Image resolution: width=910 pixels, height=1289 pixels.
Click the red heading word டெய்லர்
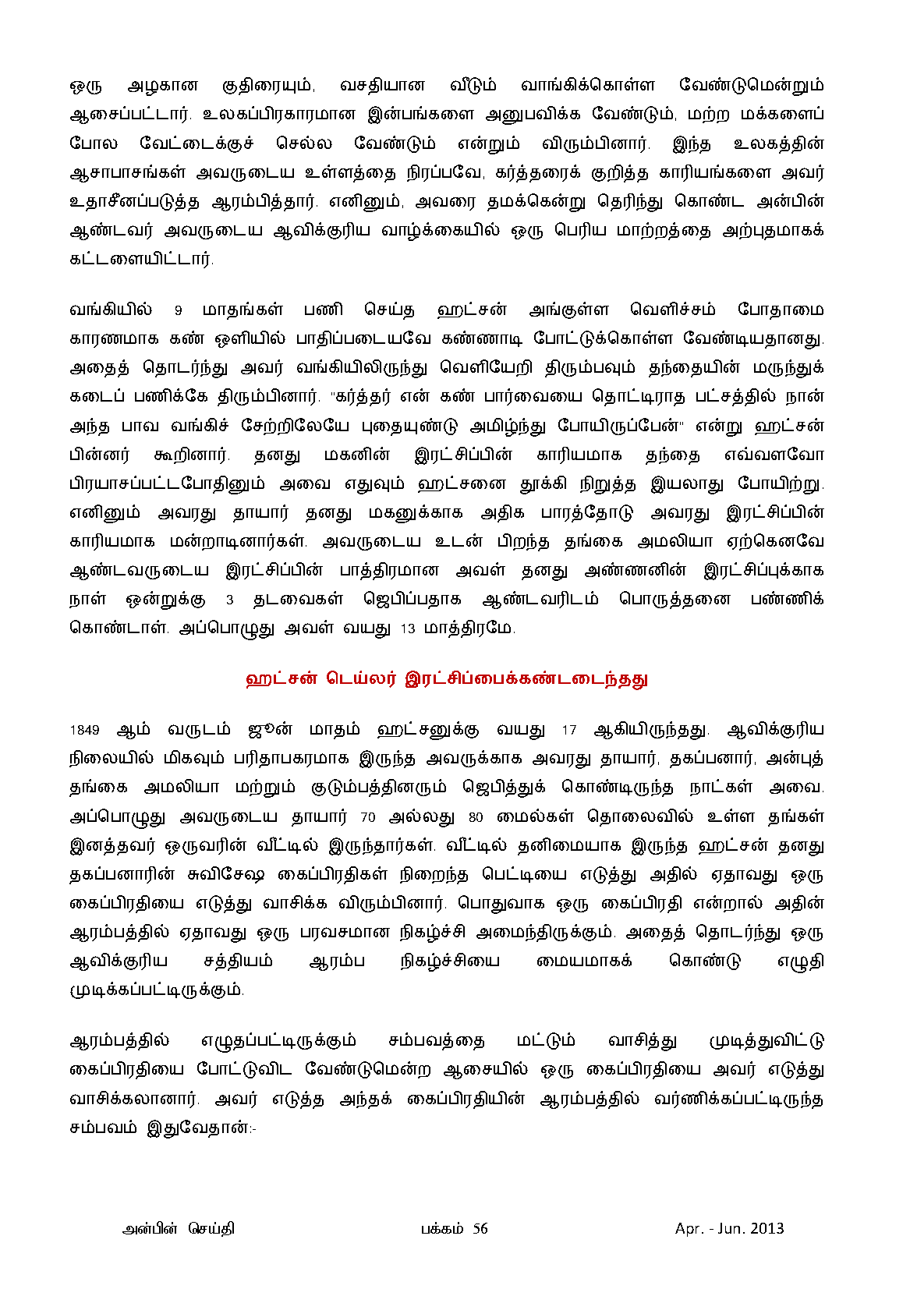[360, 678]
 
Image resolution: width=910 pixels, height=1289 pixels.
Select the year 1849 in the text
[84, 731]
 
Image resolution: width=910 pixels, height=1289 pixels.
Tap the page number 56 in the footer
[480, 1229]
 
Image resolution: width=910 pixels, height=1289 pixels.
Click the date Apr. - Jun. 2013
[729, 1229]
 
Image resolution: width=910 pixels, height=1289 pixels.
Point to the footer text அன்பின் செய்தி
[179, 1229]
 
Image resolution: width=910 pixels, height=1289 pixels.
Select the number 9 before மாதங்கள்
[178, 310]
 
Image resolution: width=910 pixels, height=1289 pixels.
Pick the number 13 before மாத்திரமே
[408, 629]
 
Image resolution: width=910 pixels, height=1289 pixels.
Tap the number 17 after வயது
[569, 731]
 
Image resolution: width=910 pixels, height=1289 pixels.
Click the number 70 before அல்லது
[368, 817]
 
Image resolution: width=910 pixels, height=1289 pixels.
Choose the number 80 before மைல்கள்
[476, 817]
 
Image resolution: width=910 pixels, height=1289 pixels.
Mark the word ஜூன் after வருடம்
[270, 730]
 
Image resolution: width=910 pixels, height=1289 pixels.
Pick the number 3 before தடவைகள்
[229, 600]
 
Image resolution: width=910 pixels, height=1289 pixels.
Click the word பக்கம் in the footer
[442, 1229]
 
